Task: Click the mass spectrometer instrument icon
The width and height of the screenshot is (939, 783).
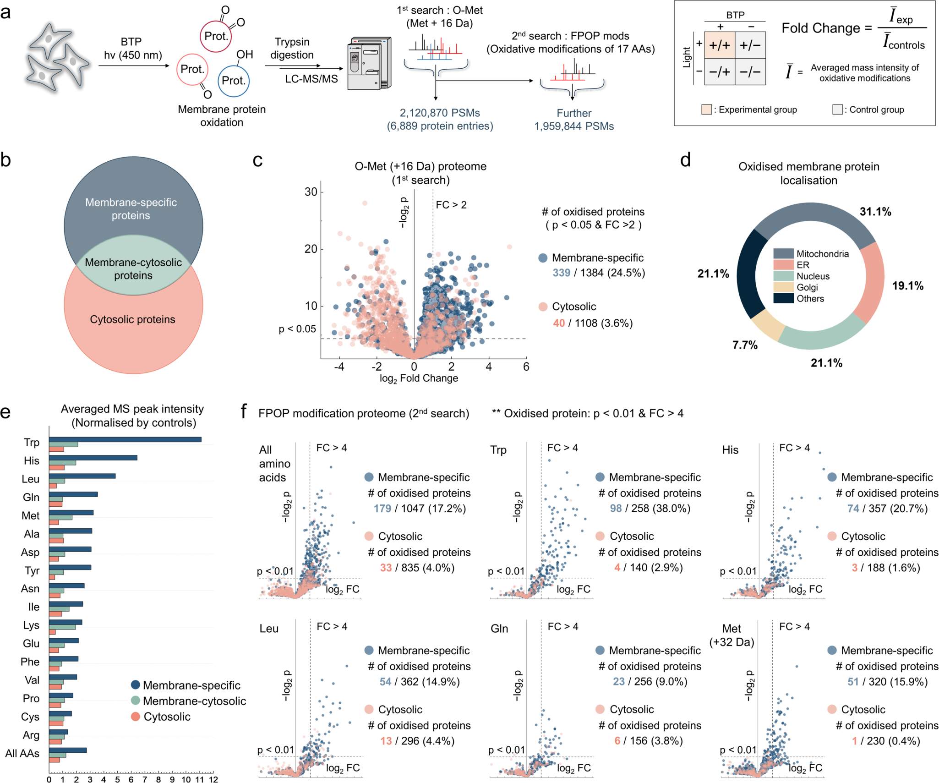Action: coord(369,63)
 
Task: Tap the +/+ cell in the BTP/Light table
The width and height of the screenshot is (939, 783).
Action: coord(719,45)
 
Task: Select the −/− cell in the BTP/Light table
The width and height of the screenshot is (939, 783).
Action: coord(750,71)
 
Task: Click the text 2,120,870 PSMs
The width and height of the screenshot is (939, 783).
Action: coord(440,113)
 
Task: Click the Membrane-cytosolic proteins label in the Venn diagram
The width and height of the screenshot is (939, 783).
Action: coord(133,268)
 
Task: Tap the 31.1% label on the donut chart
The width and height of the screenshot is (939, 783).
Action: coord(875,212)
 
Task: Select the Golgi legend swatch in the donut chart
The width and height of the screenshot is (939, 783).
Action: coord(783,287)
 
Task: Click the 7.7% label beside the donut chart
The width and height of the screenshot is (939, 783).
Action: coord(745,345)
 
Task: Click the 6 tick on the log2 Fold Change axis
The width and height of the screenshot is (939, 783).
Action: coord(526,367)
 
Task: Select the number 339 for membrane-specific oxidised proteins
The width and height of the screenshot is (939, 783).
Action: coord(561,273)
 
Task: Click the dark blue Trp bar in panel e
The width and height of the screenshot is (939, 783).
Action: coord(125,439)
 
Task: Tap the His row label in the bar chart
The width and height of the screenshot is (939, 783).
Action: coord(32,460)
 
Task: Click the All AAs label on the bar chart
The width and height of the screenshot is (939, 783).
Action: coord(22,753)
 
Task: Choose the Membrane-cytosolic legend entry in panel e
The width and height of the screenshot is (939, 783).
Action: coord(194,701)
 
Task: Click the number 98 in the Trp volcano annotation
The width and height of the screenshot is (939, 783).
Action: coord(616,508)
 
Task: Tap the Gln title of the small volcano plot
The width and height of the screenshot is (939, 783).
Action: coord(499,628)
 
